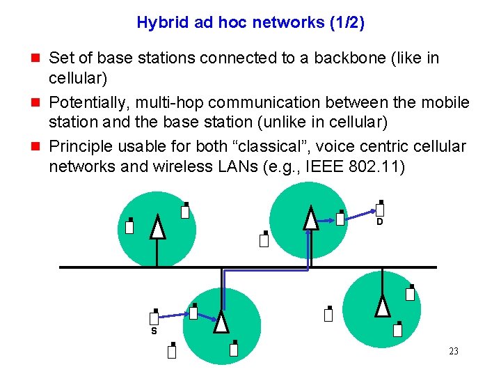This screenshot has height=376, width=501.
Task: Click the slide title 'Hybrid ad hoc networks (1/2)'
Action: [250, 22]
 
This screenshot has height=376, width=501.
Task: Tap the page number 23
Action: [454, 351]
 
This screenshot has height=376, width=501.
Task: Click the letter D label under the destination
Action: [379, 222]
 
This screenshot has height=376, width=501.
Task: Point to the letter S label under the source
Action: [154, 331]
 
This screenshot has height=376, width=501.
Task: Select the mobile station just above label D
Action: [381, 208]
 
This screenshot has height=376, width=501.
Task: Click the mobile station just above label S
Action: [154, 318]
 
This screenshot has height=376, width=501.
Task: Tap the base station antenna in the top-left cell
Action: [158, 228]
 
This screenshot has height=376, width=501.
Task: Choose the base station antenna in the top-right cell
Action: [310, 218]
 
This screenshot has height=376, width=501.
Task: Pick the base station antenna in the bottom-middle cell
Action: [221, 322]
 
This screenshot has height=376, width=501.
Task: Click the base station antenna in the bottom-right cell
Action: [382, 306]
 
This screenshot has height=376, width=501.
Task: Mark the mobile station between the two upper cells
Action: [264, 240]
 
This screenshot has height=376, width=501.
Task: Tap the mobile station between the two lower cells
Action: [328, 314]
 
